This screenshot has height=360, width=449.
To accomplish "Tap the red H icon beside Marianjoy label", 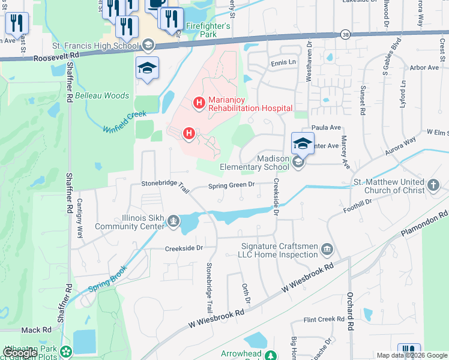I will (x=199, y=104).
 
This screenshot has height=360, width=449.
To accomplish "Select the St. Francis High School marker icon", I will (x=148, y=45).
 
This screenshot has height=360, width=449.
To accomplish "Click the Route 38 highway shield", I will (x=345, y=35).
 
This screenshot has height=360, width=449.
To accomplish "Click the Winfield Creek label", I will (x=124, y=121).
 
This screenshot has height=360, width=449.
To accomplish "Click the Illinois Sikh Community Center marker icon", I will (x=173, y=222).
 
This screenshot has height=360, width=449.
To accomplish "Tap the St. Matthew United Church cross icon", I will (x=435, y=187).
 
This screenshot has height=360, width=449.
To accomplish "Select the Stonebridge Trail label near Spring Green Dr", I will (x=165, y=185).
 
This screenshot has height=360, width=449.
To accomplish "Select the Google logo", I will (x=20, y=353).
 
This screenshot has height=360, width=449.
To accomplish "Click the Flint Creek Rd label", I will (x=323, y=320).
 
